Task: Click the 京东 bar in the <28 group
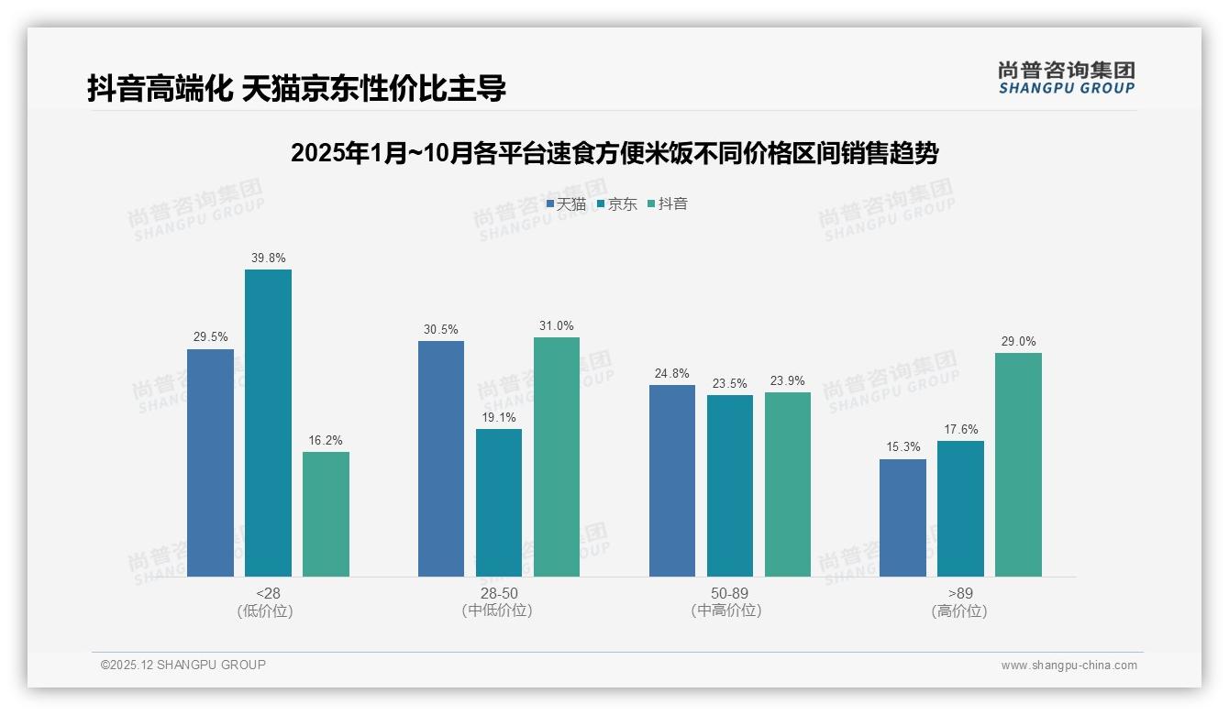[268, 423]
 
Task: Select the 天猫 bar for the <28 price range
[210, 463]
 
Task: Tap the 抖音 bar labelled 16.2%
[326, 514]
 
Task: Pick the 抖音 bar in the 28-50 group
[557, 456]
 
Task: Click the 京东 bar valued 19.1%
[499, 502]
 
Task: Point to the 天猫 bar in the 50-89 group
[672, 480]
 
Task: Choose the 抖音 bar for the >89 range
[1018, 465]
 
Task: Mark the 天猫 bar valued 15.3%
[902, 518]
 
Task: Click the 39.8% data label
[268, 258]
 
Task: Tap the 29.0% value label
[1018, 341]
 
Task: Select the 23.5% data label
[730, 383]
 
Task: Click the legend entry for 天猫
[566, 203]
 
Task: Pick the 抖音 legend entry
[668, 203]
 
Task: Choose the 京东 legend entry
[617, 203]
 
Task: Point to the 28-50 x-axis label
[499, 593]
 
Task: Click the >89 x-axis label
[960, 593]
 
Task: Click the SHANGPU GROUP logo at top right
[1066, 78]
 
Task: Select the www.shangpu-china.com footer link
[1068, 665]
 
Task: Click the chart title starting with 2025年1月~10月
[614, 153]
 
